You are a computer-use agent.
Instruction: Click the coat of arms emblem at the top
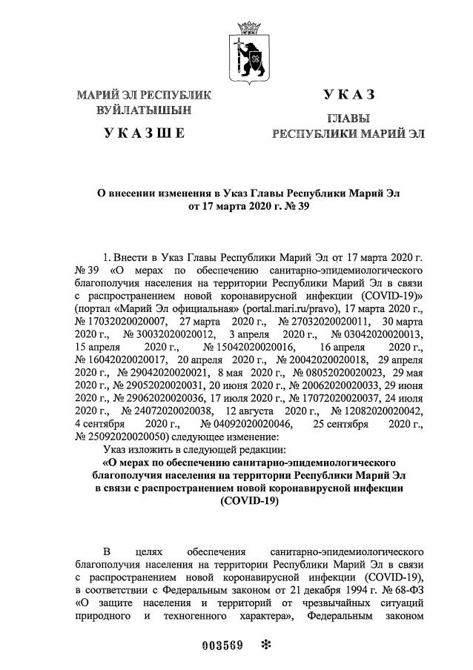point(248,47)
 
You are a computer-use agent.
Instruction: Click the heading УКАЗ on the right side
point(348,94)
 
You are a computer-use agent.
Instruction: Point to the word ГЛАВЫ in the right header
point(348,119)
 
